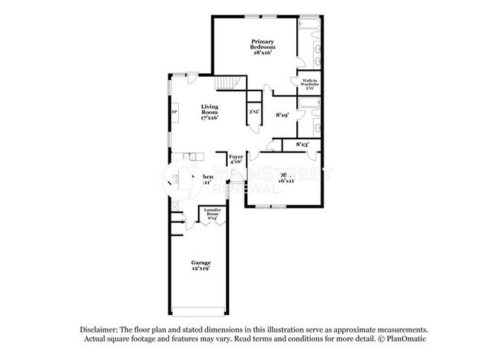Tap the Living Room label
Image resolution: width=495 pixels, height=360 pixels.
[x=210, y=110]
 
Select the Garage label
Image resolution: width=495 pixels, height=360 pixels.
[x=201, y=263]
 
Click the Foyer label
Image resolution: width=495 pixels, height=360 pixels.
[x=236, y=157]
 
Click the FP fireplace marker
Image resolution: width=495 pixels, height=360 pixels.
[x=174, y=112]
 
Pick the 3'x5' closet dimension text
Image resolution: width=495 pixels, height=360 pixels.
[x=253, y=112]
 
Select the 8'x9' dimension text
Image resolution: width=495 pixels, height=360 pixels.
[x=282, y=115]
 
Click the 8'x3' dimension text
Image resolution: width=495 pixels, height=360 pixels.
[x=302, y=143]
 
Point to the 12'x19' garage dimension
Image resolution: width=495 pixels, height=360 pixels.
[x=201, y=269]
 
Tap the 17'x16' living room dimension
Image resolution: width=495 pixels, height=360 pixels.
[x=210, y=118]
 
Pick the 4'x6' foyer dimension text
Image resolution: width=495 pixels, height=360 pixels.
[x=236, y=162]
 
